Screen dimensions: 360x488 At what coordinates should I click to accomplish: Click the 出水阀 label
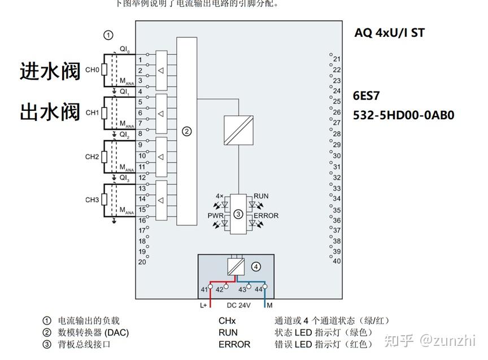(50, 111)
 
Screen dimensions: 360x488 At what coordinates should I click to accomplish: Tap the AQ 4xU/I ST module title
(389, 33)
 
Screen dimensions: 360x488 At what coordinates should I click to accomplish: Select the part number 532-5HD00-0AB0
(403, 115)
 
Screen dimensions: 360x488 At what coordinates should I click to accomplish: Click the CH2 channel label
(92, 157)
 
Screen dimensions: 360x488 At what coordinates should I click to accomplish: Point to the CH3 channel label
(92, 200)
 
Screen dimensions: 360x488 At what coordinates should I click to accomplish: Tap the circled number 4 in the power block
(256, 266)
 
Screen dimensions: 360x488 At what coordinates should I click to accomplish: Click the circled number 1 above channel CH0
(108, 35)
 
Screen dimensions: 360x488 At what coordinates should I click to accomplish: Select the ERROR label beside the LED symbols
(266, 215)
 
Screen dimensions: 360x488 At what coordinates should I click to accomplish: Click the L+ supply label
(204, 305)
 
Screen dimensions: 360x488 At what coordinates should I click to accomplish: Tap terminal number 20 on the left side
(142, 262)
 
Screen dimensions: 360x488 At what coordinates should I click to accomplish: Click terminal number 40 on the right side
(337, 261)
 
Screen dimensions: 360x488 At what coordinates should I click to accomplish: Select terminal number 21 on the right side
(337, 59)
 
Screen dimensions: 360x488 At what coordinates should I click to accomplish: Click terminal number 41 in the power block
(204, 289)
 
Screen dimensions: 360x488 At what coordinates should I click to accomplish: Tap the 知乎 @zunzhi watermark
(429, 340)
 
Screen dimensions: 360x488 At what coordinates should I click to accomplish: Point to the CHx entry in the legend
(227, 320)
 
